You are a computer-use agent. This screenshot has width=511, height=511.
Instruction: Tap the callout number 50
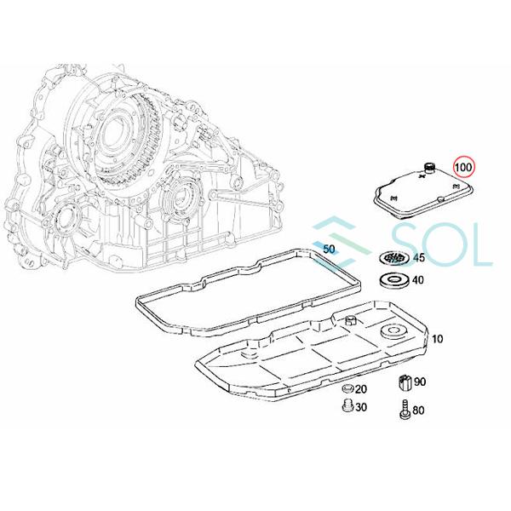click(x=330, y=248)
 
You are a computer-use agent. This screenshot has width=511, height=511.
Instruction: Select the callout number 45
click(x=418, y=258)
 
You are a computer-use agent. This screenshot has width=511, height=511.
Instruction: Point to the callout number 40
click(x=418, y=280)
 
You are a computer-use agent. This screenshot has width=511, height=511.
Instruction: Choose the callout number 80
click(x=418, y=412)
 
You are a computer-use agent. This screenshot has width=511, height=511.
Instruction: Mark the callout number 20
click(x=361, y=390)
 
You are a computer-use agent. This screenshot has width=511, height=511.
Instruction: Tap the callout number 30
click(x=360, y=408)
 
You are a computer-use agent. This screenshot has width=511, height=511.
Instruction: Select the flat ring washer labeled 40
click(x=393, y=280)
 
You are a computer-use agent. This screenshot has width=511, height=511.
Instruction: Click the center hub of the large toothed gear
click(x=115, y=137)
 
